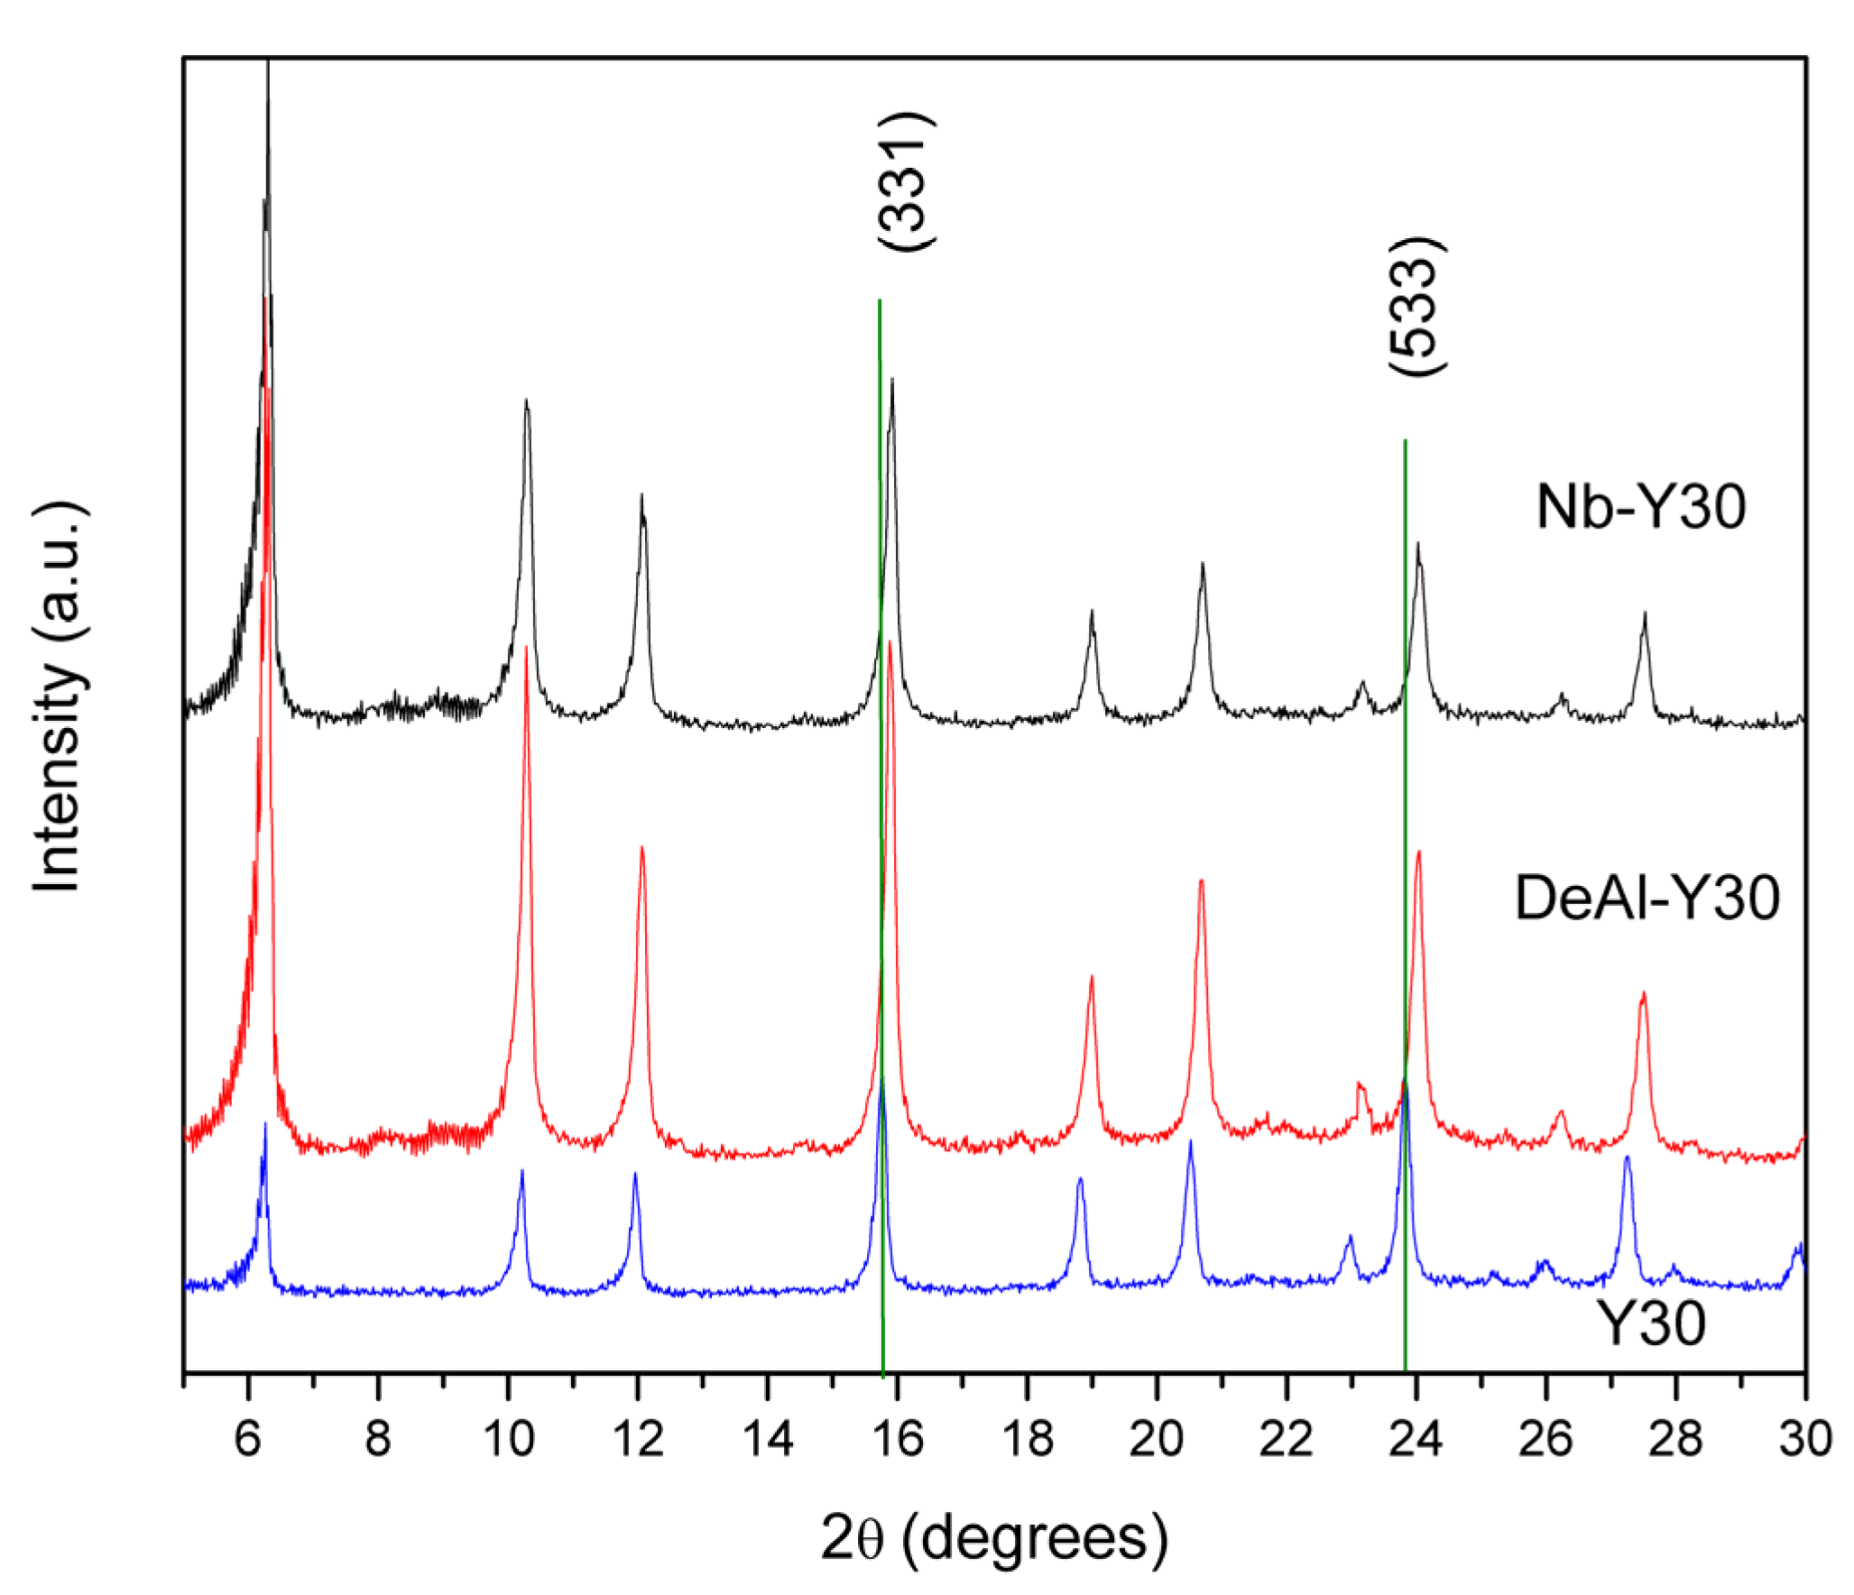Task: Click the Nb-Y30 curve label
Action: coord(1640,507)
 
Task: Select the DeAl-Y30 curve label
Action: coord(1646,898)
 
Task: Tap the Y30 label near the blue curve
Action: coord(1651,1324)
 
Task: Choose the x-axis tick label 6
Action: coord(248,1438)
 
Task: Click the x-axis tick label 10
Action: coord(509,1438)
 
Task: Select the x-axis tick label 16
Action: coord(898,1438)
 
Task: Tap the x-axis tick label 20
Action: coord(1157,1438)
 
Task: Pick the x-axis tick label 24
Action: coord(1416,1438)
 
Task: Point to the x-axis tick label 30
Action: coord(1805,1438)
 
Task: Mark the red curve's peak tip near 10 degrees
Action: coord(526,646)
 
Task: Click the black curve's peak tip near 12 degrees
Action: coord(641,494)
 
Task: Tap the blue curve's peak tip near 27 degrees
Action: coord(1628,1157)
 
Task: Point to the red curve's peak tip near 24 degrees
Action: coord(1419,851)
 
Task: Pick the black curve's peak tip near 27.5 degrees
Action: coord(1645,613)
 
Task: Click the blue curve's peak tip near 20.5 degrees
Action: coord(1190,1141)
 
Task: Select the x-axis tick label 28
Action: coord(1675,1438)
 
